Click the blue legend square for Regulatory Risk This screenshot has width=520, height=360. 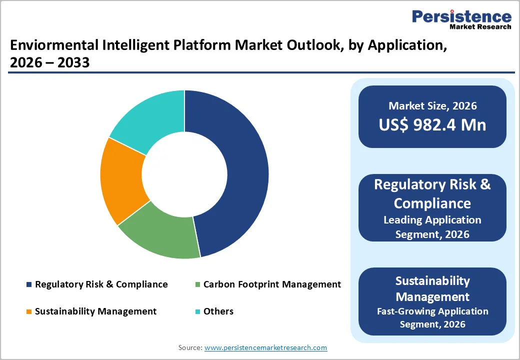[x=29, y=284]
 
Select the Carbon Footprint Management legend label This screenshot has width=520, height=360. [x=272, y=284]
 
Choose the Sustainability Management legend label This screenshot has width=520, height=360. [x=95, y=311]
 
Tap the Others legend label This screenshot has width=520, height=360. [x=218, y=311]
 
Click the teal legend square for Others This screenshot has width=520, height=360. [x=197, y=311]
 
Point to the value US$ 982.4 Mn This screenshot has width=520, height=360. [x=432, y=125]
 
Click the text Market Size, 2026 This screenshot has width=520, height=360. [x=432, y=106]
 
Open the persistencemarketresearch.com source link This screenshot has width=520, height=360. [x=265, y=347]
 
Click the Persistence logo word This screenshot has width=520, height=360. [x=461, y=16]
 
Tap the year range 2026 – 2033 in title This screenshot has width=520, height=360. [x=49, y=63]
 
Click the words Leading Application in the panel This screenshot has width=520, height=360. [x=432, y=220]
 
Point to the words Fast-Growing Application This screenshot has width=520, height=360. [x=432, y=311]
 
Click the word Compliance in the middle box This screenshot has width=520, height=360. [x=432, y=203]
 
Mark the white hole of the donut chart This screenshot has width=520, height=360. [x=184, y=174]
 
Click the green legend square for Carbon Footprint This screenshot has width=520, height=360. [x=197, y=284]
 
